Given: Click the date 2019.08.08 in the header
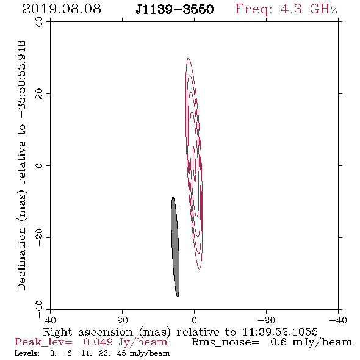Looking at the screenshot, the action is click(62, 9).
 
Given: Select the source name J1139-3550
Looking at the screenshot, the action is click(175, 10).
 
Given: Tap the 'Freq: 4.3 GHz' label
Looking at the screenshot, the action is click(286, 9).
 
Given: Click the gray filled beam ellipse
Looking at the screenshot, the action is click(175, 247).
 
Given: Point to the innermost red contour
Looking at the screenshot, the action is click(195, 164).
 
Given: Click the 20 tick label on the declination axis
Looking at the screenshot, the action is click(39, 94).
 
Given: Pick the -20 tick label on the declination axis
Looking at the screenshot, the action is click(39, 237).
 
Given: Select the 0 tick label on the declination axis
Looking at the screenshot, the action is click(39, 165).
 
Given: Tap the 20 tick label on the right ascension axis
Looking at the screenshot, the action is click(123, 320).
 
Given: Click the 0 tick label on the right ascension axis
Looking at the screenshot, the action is click(194, 320).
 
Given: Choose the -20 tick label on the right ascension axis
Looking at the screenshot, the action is click(266, 320).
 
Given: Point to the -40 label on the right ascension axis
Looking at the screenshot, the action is click(338, 320).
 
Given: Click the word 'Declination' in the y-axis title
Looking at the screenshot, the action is click(21, 259).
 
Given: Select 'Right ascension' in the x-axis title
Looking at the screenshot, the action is click(88, 332).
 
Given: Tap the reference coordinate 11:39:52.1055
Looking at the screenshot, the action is click(280, 332).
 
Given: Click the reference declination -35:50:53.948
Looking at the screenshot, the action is click(21, 79).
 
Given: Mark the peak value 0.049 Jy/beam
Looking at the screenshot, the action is click(126, 342).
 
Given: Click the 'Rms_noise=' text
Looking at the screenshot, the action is click(225, 342).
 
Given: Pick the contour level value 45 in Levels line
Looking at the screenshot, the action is click(121, 353).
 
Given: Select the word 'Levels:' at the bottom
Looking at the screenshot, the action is click(27, 353).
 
